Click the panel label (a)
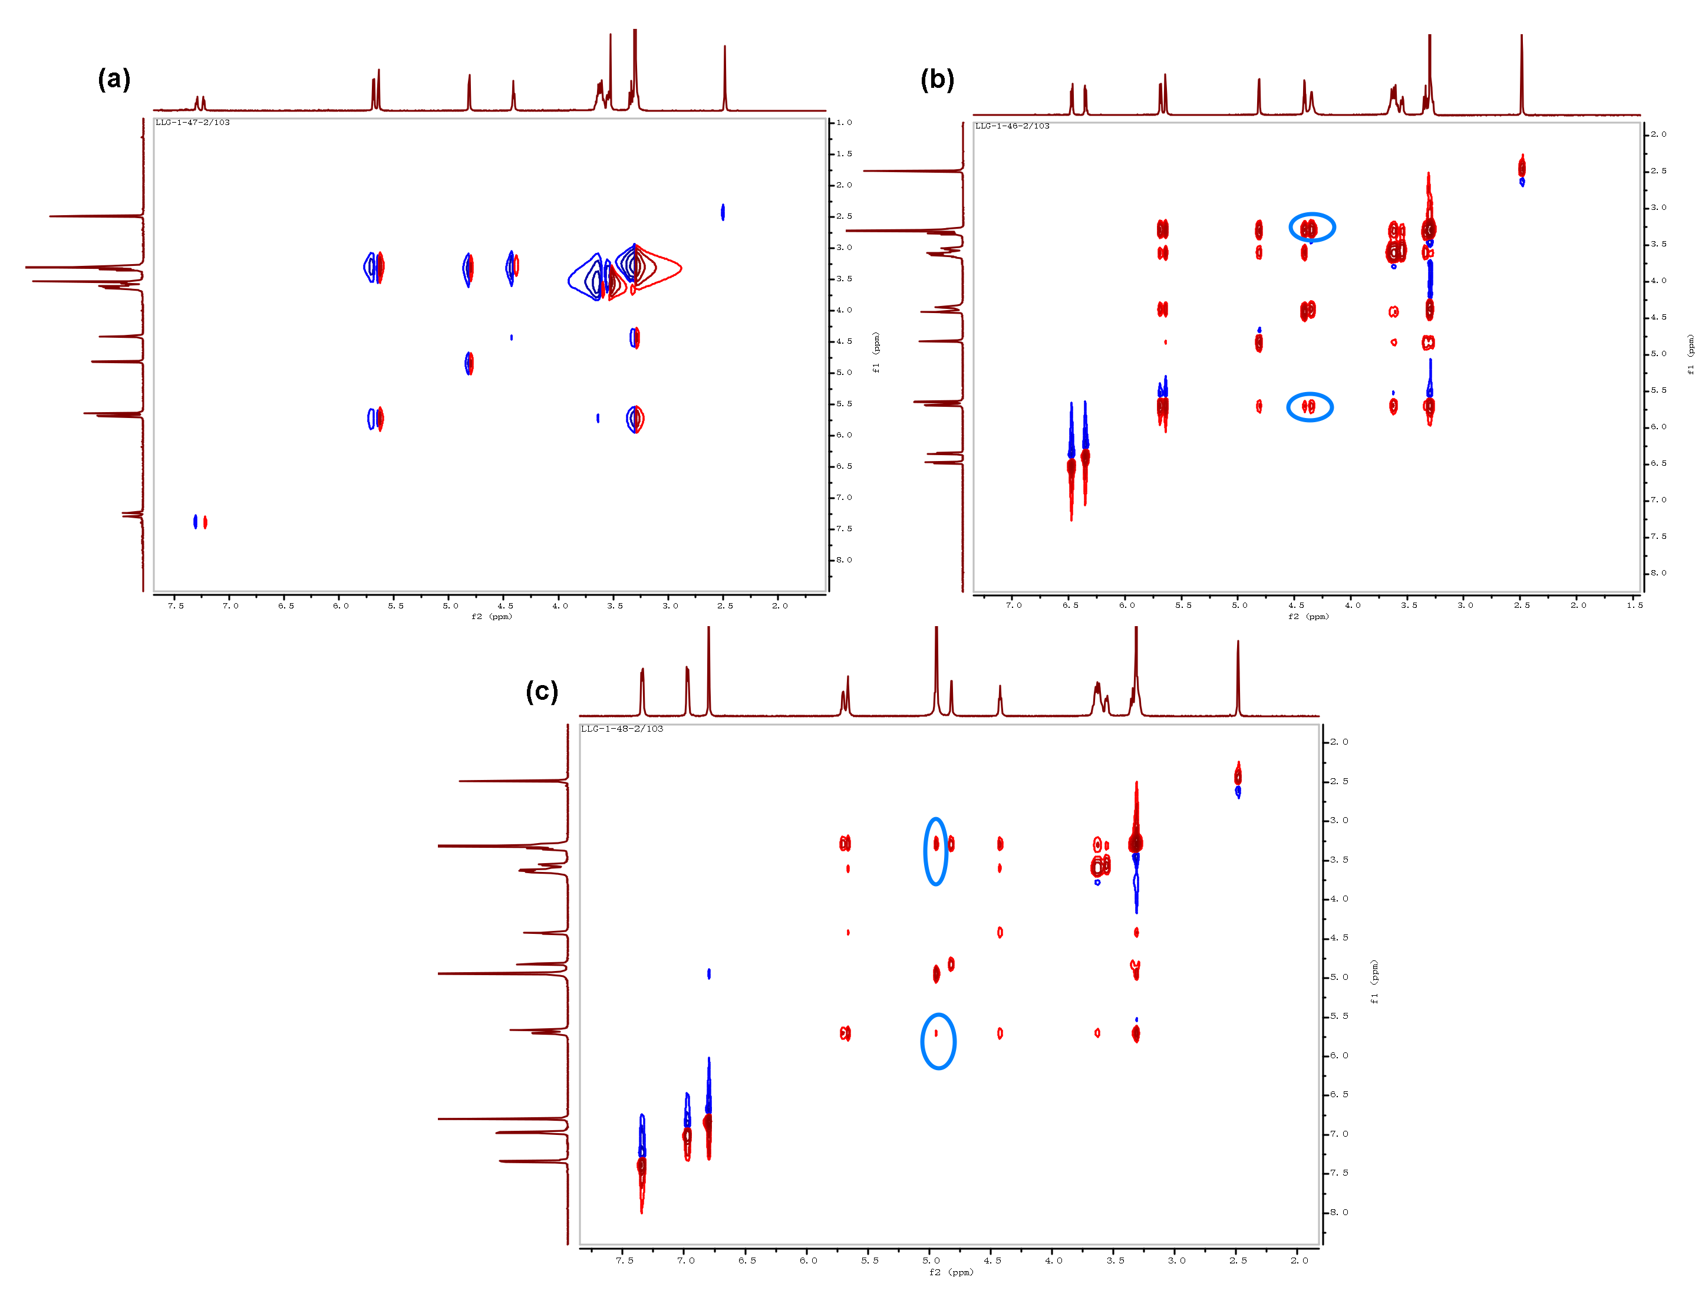114,80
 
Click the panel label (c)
542,691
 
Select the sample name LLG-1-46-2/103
1012,126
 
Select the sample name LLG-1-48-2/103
622,729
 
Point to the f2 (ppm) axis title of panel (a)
492,617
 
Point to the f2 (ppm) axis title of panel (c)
951,1272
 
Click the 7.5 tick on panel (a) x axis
176,606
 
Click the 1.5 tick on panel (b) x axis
1634,605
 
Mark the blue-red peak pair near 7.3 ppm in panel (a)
200,522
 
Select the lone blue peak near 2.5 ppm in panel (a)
723,212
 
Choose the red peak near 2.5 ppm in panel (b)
1521,167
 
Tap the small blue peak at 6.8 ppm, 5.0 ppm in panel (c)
708,973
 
